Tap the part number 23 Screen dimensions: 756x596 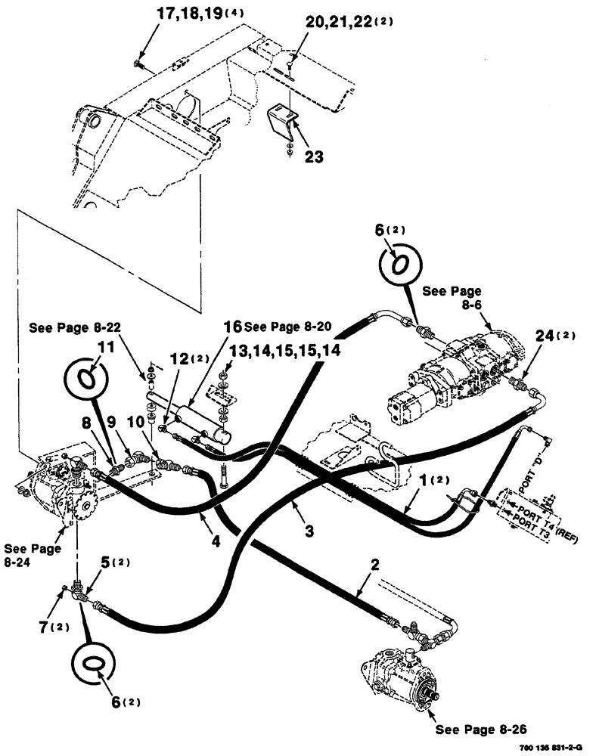[313, 156]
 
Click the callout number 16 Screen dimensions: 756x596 [232, 327]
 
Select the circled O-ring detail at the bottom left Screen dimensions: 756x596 [93, 661]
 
